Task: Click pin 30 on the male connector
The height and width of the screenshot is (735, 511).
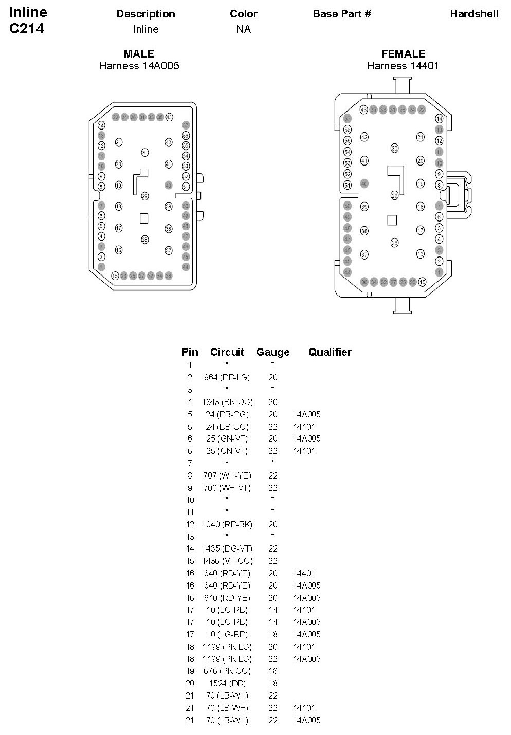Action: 144,153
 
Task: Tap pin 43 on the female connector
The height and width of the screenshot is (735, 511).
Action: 363,109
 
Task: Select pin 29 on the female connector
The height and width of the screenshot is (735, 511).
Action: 394,195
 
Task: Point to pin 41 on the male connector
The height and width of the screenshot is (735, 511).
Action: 169,164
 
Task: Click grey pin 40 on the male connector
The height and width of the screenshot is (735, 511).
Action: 169,185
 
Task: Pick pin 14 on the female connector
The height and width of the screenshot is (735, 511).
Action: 439,119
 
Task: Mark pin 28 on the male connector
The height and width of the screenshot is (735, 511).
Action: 144,240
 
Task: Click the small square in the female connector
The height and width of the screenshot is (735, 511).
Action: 392,219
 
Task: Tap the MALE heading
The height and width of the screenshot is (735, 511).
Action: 139,53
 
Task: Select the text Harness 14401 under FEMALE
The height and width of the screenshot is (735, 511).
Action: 403,66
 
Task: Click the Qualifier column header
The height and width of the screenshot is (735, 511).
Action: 330,352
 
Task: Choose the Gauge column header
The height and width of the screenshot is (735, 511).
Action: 272,352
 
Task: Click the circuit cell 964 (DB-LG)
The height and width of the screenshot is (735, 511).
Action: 227,377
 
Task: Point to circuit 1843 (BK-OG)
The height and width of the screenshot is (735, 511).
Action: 227,402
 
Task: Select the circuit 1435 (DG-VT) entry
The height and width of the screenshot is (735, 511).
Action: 227,548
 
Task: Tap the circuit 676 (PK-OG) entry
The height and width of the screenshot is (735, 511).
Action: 227,671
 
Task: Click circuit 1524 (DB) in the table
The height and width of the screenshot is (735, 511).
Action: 227,683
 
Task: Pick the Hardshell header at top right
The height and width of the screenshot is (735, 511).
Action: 474,14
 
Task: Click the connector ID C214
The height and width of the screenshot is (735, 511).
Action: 27,29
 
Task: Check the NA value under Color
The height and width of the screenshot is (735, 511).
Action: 243,29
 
